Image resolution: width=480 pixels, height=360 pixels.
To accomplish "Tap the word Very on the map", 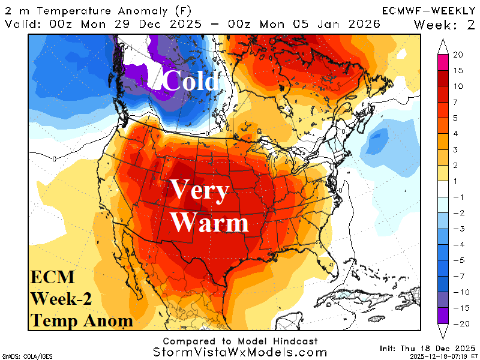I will [x=199, y=191].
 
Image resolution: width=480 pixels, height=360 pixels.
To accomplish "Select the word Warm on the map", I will [x=209, y=223].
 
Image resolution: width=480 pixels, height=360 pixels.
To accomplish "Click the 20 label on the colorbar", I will [x=458, y=55].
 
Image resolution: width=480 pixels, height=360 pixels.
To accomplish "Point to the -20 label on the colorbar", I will [x=459, y=323].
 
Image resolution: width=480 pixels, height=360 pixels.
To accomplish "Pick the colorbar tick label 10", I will [x=458, y=86].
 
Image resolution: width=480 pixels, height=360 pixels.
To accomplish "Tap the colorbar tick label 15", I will [x=458, y=70].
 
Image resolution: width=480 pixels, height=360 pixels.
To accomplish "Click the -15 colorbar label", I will [x=459, y=308].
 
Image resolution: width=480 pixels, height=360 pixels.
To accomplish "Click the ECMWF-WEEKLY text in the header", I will [x=428, y=10].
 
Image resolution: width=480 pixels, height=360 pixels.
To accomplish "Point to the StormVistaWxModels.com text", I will [x=240, y=353].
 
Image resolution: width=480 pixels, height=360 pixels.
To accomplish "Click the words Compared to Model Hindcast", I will [x=239, y=341].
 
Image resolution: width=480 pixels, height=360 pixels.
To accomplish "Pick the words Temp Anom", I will [x=82, y=320].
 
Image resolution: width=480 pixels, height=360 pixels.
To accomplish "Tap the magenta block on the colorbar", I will [x=443, y=62].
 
